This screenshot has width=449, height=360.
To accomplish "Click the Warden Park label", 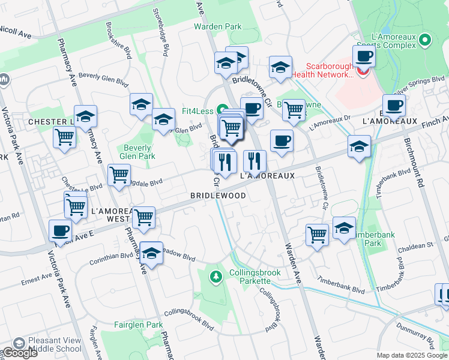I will pyautogui.click(x=217, y=26).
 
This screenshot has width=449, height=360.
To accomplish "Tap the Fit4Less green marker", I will pyautogui.click(x=222, y=110).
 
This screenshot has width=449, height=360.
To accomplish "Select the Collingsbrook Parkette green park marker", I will pyautogui.click(x=215, y=277).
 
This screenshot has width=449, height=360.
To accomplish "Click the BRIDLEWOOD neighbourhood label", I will pyautogui.click(x=218, y=196).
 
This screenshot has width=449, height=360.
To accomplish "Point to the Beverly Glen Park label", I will pyautogui.click(x=139, y=152).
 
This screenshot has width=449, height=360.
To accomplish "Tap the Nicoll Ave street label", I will pyautogui.click(x=15, y=31).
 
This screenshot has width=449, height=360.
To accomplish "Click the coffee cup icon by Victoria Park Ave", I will pyautogui.click(x=61, y=230).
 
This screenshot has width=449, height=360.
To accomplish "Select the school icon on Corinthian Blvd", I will pyautogui.click(x=151, y=253).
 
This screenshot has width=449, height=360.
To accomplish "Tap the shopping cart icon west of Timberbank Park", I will pyautogui.click(x=317, y=235).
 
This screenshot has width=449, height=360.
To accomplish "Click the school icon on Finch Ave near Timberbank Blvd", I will pyautogui.click(x=359, y=146).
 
